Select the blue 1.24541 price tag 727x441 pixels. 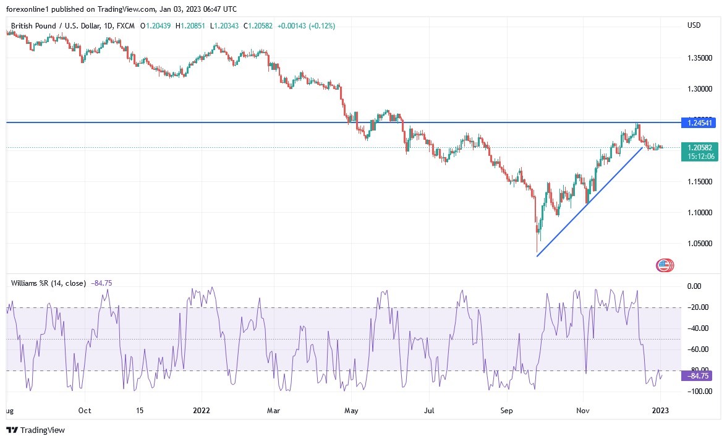(x=698, y=123)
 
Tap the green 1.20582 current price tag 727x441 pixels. (x=698, y=147)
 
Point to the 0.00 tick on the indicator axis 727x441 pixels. (x=695, y=286)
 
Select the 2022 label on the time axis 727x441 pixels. (x=202, y=410)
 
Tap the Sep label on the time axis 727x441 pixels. (x=507, y=410)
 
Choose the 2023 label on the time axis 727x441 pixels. (x=660, y=410)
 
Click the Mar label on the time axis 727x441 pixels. (x=274, y=410)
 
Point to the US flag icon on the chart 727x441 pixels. (x=664, y=265)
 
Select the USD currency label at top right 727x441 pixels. (x=694, y=25)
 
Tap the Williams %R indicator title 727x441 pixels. (x=49, y=283)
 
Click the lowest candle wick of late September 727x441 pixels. (x=536, y=250)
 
